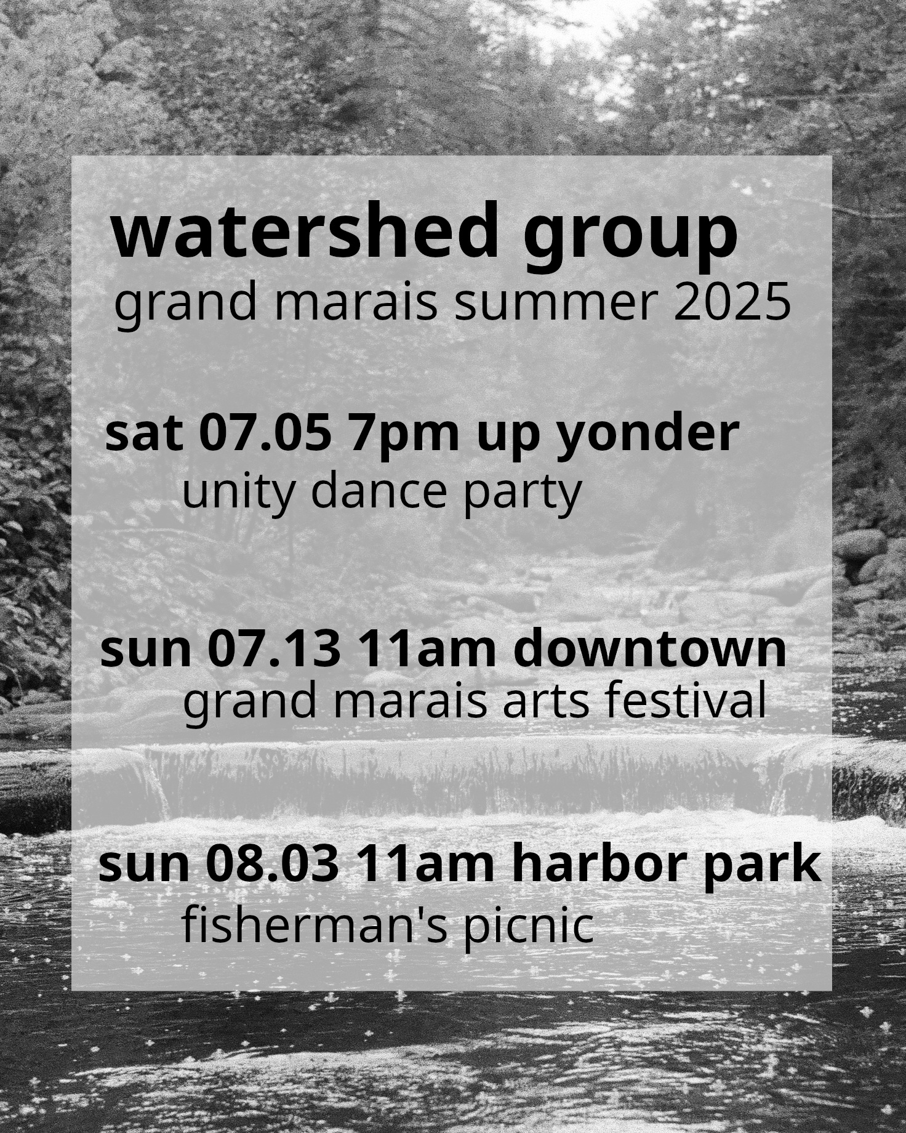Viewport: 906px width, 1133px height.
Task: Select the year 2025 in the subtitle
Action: [x=732, y=302]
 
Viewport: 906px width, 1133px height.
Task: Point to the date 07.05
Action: [x=265, y=433]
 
